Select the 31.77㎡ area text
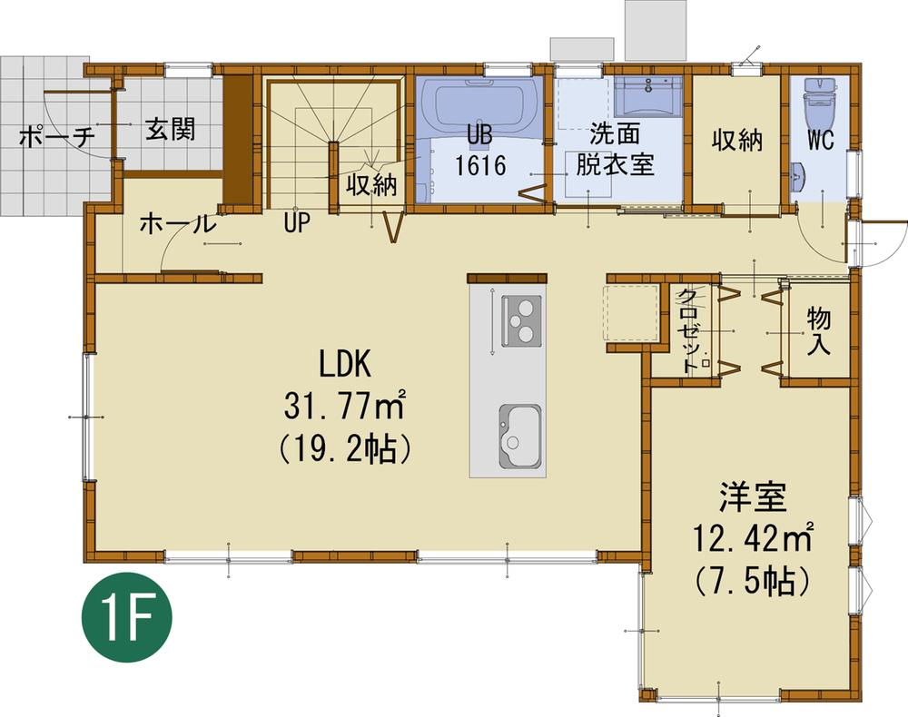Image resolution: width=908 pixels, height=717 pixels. pos(343,406)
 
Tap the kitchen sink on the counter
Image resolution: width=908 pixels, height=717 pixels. pos(518,437)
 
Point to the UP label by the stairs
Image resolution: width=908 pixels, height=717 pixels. pos(296,222)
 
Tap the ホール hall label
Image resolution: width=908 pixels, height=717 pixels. pos(177,223)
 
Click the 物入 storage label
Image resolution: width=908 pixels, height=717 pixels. pos(819,330)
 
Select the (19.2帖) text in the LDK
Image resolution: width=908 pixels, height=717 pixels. pos(344,448)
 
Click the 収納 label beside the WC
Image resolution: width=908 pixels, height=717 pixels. pos(736,142)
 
